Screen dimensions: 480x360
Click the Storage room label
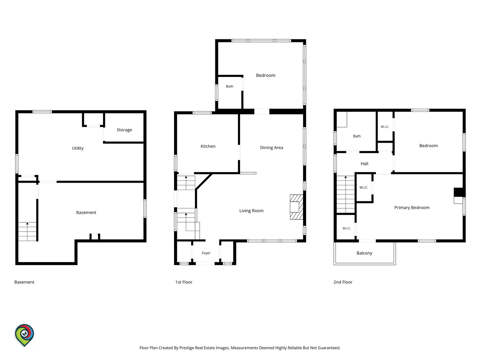pos(124,130)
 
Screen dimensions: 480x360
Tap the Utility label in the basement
pos(78,148)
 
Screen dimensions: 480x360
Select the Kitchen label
pos(208,146)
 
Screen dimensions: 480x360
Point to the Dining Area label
pos(272,148)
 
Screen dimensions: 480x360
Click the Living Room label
pos(251,211)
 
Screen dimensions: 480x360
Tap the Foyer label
pos(206,253)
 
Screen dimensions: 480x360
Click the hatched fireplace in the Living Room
pos(297,207)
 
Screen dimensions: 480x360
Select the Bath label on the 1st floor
pos(230,86)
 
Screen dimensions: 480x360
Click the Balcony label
pos(364,253)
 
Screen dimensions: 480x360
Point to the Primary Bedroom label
pos(412,208)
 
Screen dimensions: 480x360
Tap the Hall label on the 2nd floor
pos(364,164)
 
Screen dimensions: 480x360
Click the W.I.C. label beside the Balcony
pos(347,228)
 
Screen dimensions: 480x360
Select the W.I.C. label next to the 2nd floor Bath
pos(385,127)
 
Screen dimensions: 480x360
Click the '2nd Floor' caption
pos(343,282)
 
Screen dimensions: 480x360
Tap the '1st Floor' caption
pos(184,282)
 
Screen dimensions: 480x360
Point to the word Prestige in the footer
pos(187,348)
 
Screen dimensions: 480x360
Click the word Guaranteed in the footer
pos(329,348)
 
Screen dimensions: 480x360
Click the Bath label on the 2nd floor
pos(357,136)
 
